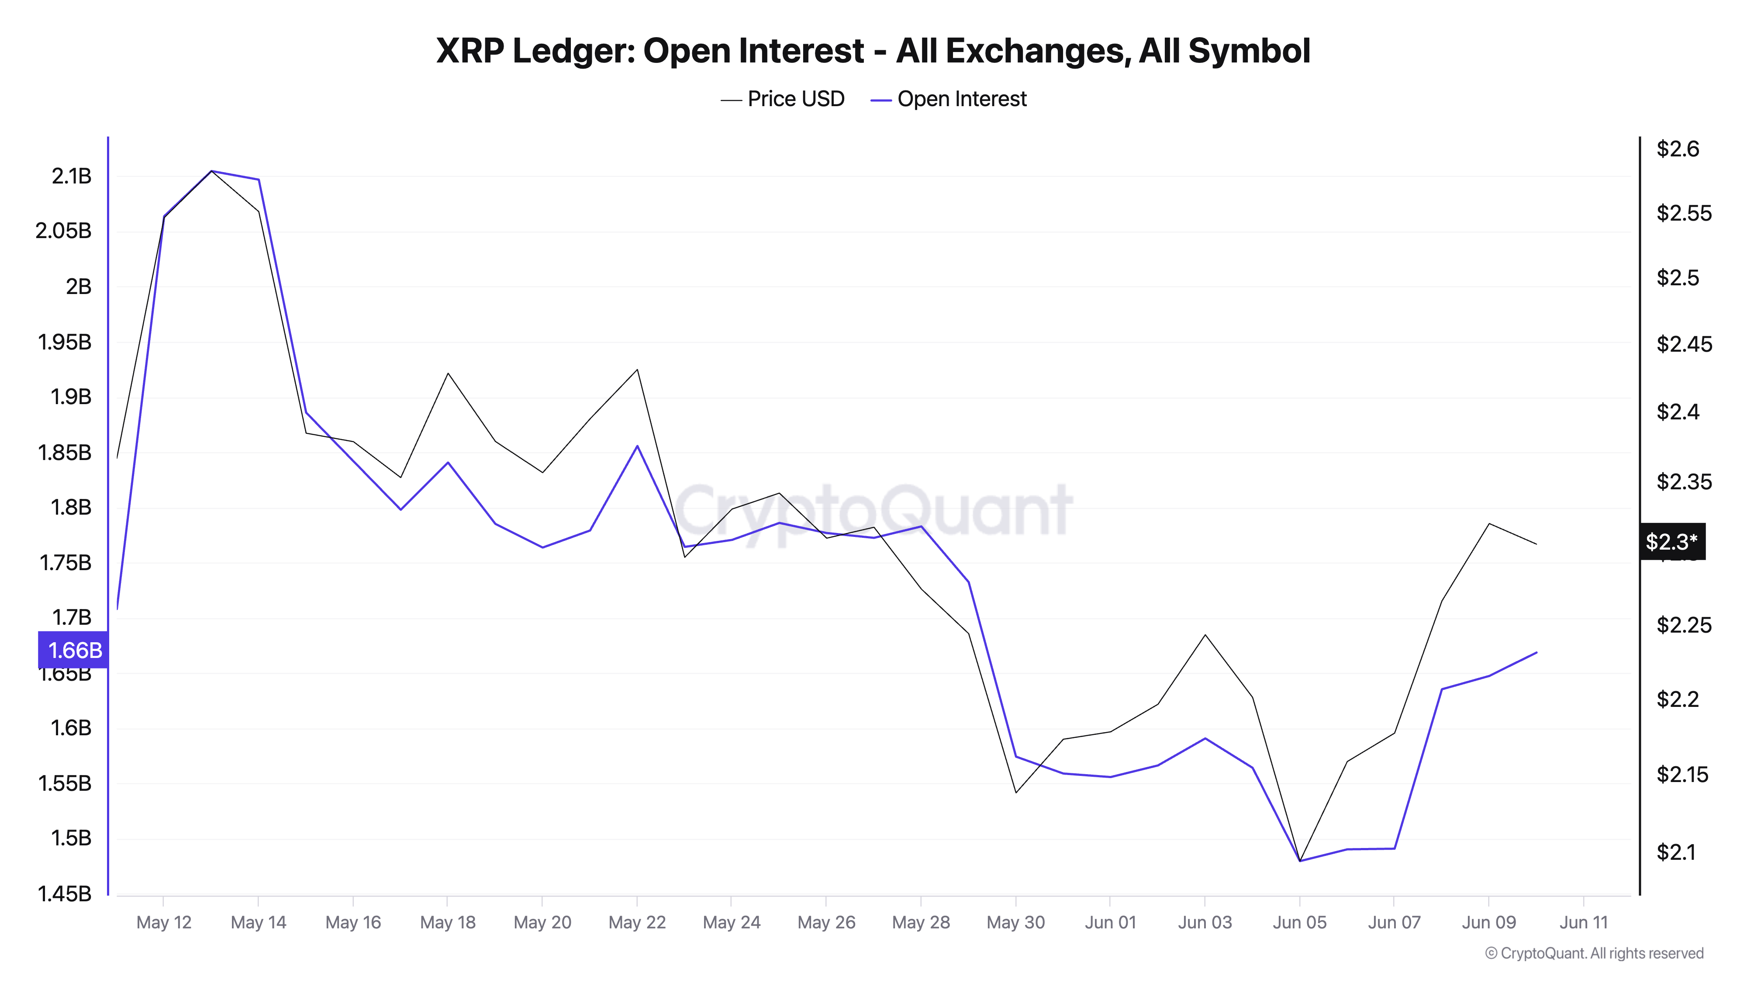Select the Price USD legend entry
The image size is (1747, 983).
pyautogui.click(x=783, y=99)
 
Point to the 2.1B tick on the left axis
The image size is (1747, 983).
pyautogui.click(x=71, y=177)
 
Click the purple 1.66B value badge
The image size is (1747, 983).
pyautogui.click(x=74, y=650)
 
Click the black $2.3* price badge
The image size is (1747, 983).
pyautogui.click(x=1671, y=541)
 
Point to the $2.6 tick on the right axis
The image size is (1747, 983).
pyautogui.click(x=1678, y=149)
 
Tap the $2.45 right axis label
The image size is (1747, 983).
pyautogui.click(x=1683, y=344)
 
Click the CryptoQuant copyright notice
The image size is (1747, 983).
pyautogui.click(x=1594, y=953)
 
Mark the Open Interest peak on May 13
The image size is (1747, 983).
pyautogui.click(x=211, y=171)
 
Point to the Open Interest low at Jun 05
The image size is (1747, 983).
pyautogui.click(x=1299, y=861)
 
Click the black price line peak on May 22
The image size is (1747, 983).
pyautogui.click(x=637, y=370)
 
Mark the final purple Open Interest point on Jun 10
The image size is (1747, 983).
pyautogui.click(x=1536, y=653)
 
